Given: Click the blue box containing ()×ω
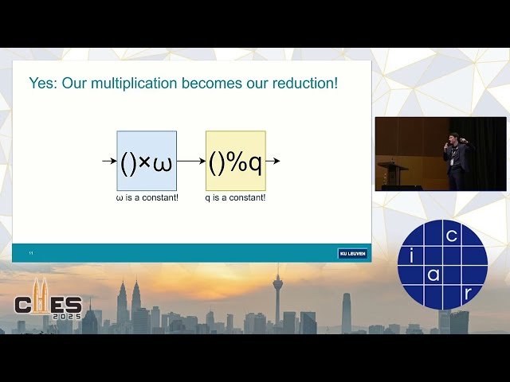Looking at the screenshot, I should click(x=147, y=161).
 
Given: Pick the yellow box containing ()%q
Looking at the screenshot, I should click(x=236, y=161).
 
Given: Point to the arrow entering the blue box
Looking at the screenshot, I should click(x=109, y=161).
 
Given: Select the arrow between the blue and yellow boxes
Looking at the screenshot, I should click(x=191, y=161).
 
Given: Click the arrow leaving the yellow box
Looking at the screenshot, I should click(x=273, y=161).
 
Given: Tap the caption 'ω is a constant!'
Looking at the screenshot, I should click(x=147, y=197).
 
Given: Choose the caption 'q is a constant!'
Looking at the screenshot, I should click(x=236, y=197).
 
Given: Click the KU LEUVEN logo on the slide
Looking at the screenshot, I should click(x=352, y=253).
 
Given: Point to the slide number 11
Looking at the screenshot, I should click(x=31, y=253).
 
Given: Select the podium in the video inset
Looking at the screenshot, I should click(x=392, y=174).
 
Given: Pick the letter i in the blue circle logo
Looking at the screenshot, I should click(x=411, y=255).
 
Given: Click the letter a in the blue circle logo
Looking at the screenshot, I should click(x=433, y=275).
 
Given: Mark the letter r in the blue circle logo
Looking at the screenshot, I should click(x=467, y=293).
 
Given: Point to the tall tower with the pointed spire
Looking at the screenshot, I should click(x=277, y=298).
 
